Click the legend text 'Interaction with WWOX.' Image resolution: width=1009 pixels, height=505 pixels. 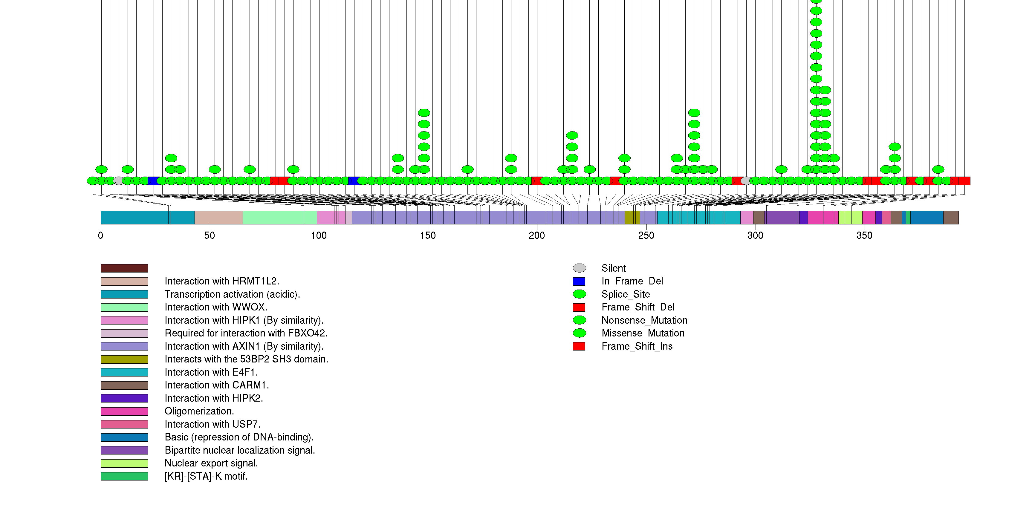(216, 307)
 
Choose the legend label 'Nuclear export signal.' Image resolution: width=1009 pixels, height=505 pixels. (211, 463)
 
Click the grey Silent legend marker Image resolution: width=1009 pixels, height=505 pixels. (579, 268)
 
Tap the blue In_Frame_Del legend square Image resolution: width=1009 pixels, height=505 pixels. (579, 281)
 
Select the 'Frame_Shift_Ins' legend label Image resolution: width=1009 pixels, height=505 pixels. (637, 346)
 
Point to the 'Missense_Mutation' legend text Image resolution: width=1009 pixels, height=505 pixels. (643, 333)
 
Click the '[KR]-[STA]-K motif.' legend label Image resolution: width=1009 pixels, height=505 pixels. (206, 476)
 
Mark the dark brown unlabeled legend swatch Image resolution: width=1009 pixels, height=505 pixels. (124, 268)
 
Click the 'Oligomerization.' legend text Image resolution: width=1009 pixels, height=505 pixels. (199, 411)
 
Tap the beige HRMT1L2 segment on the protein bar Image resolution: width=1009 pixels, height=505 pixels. (218, 218)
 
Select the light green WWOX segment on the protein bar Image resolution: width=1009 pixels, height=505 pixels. (274, 218)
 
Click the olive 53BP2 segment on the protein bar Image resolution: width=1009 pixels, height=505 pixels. (632, 218)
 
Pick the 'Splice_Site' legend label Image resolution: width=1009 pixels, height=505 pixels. (626, 294)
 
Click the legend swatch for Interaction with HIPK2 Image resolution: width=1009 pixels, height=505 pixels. (124, 398)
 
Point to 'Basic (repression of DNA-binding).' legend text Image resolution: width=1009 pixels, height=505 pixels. (239, 437)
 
